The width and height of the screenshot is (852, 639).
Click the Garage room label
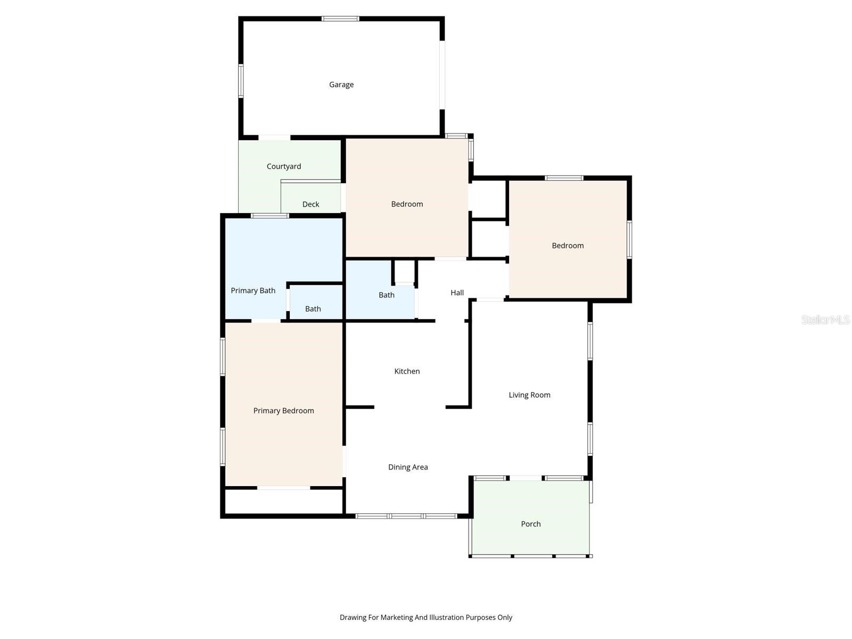pyautogui.click(x=341, y=85)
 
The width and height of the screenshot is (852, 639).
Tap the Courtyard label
pyautogui.click(x=284, y=167)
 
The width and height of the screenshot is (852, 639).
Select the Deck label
pyautogui.click(x=311, y=204)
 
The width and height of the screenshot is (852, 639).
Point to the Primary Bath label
pyautogui.click(x=253, y=291)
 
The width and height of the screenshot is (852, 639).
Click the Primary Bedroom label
pyautogui.click(x=283, y=411)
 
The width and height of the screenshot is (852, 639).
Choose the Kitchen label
pyautogui.click(x=407, y=371)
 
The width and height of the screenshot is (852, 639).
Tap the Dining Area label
pyautogui.click(x=408, y=467)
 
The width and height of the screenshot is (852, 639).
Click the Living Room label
pyautogui.click(x=529, y=395)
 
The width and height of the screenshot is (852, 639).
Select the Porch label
pyautogui.click(x=531, y=524)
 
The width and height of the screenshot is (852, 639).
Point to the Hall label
pyautogui.click(x=457, y=292)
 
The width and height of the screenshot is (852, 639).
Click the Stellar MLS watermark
pyautogui.click(x=825, y=319)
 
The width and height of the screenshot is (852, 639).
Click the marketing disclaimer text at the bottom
pyautogui.click(x=426, y=618)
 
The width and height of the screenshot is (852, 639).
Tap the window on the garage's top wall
pyautogui.click(x=340, y=19)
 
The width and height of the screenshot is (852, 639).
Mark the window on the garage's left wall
pyautogui.click(x=241, y=81)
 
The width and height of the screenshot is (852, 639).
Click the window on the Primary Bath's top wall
pyautogui.click(x=270, y=216)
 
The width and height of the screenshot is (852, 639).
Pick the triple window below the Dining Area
pyautogui.click(x=406, y=516)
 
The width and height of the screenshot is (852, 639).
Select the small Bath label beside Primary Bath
pyautogui.click(x=313, y=309)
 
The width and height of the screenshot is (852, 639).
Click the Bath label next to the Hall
pyautogui.click(x=387, y=295)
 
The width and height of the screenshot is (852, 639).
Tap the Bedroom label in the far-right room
pyautogui.click(x=568, y=245)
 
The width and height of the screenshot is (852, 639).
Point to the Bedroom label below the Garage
pyautogui.click(x=407, y=204)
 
